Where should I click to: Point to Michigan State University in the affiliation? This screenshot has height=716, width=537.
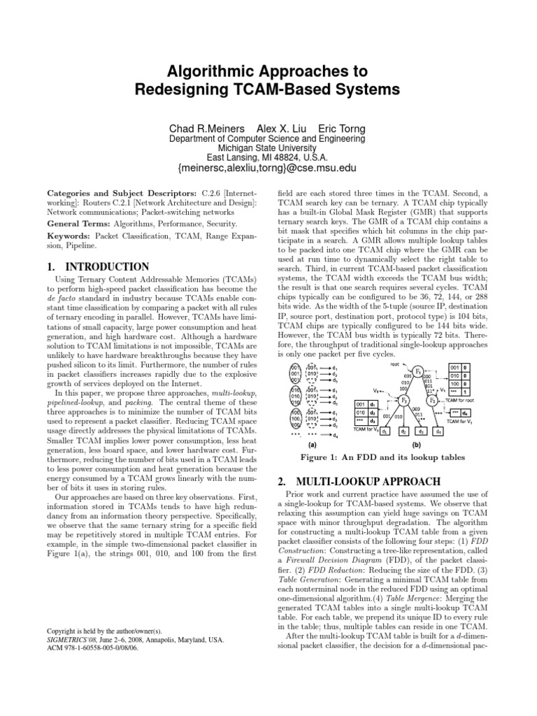pos(268,148)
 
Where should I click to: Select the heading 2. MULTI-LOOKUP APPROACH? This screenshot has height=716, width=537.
pos(359,461)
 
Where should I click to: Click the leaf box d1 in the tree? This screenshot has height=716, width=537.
pos(366,413)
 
